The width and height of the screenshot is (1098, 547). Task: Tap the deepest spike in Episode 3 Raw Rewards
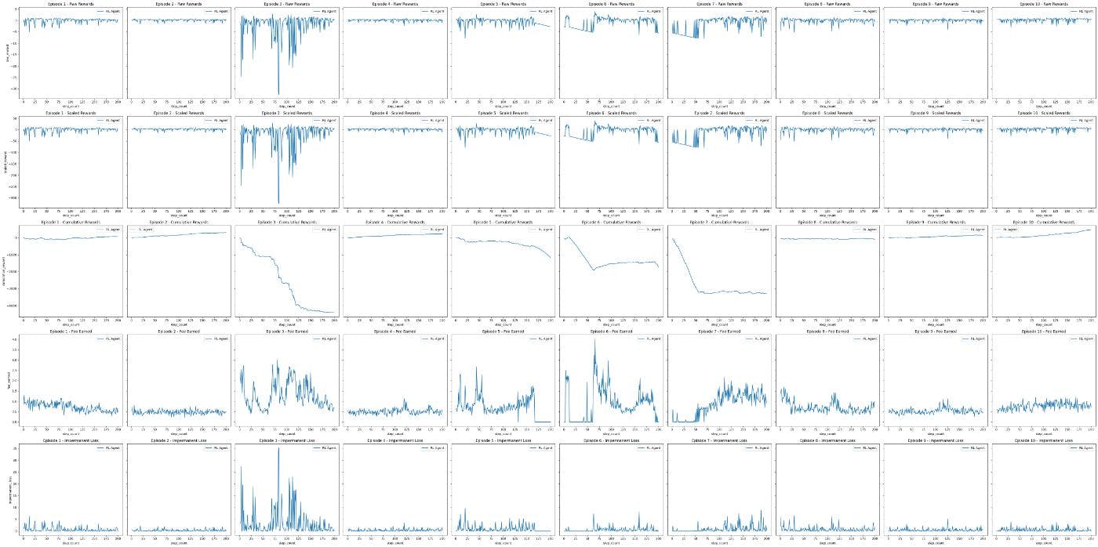279,95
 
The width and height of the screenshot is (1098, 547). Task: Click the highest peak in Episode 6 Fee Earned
594,339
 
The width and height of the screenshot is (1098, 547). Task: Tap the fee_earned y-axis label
6,380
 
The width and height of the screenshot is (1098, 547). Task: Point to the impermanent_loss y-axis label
6,489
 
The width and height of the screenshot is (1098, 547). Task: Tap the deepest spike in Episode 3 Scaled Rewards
279,204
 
